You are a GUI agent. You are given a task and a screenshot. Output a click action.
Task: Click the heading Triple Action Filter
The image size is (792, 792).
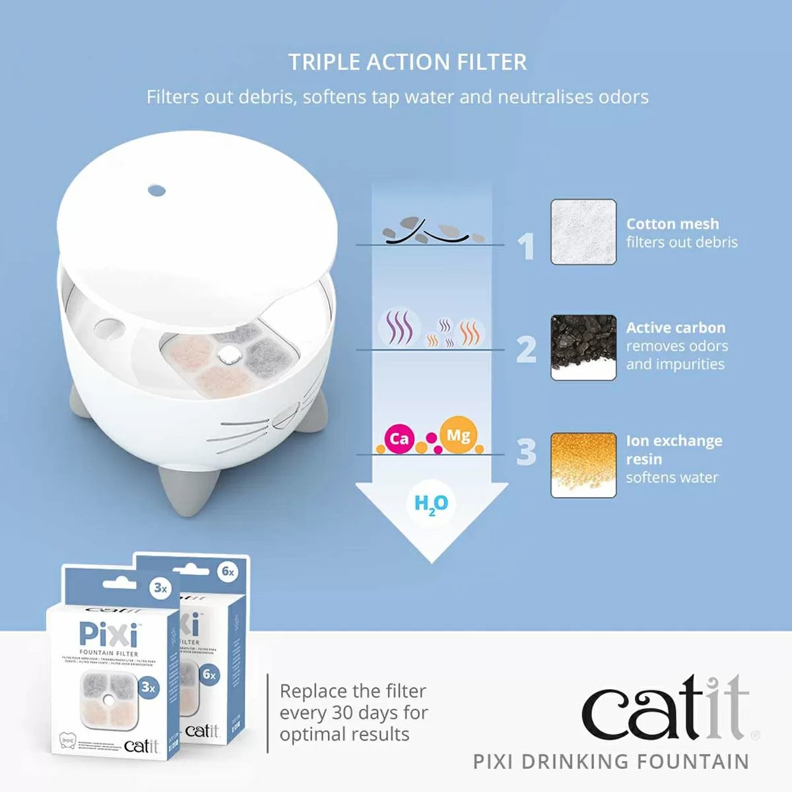pyautogui.click(x=407, y=62)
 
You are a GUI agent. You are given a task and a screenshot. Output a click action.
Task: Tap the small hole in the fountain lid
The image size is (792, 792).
pyautogui.click(x=156, y=191)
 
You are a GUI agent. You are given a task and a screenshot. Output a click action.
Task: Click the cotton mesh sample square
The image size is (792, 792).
pyautogui.click(x=583, y=232)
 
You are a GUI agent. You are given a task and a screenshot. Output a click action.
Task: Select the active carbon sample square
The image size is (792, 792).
pyautogui.click(x=583, y=347)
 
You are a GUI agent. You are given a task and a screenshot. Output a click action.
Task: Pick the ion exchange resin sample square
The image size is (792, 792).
pyautogui.click(x=583, y=465)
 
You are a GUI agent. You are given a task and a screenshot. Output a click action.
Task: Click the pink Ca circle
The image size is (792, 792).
pyautogui.click(x=399, y=438)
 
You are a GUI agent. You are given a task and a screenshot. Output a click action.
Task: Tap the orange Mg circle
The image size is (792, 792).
pyautogui.click(x=458, y=435)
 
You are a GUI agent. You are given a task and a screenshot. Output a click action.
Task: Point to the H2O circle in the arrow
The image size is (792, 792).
pyautogui.click(x=431, y=504)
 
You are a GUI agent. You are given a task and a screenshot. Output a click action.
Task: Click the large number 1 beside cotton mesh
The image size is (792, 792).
pyautogui.click(x=526, y=246)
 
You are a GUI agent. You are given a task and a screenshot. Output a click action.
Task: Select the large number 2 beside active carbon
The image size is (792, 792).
pyautogui.click(x=526, y=349)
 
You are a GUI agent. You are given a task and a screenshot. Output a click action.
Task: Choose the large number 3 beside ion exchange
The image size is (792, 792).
pyautogui.click(x=526, y=452)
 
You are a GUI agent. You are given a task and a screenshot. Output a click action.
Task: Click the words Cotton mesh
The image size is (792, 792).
pyautogui.click(x=672, y=224)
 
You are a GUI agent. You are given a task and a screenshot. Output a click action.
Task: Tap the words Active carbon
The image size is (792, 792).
pyautogui.click(x=675, y=327)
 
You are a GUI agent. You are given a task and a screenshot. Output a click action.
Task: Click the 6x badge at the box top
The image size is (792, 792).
pyautogui.click(x=228, y=571)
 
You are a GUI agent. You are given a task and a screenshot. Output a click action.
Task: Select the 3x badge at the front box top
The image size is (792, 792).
pyautogui.click(x=160, y=587)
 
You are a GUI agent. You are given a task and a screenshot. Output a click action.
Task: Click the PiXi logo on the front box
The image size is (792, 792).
pyautogui.click(x=109, y=635)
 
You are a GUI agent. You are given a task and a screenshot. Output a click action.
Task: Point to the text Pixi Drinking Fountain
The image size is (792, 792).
pyautogui.click(x=611, y=762)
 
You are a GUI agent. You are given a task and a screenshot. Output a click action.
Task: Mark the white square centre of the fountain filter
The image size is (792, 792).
pyautogui.click(x=228, y=356)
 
